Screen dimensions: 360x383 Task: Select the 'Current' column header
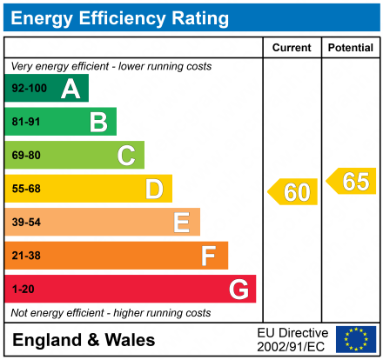coord(292,48)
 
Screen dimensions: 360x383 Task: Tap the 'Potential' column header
coord(350,48)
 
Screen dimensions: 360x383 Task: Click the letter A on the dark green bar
coord(71,89)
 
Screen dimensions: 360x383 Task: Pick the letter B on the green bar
coord(98,122)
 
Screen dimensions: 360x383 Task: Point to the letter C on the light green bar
coord(126,156)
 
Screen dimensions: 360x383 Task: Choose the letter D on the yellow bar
coord(154,189)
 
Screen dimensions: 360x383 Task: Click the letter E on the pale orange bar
coord(181,223)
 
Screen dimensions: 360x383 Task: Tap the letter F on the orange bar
coord(209,256)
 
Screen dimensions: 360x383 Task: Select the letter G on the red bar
coord(238,289)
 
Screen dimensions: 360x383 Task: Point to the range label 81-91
coord(25,122)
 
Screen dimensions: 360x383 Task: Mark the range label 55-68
coord(25,189)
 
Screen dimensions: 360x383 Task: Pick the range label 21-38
coord(25,256)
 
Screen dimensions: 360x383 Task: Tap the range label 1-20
coord(22,289)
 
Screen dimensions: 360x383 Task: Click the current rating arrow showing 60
coord(293,191)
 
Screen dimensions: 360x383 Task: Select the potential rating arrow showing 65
coord(352,181)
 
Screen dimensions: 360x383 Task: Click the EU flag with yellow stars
coord(355,339)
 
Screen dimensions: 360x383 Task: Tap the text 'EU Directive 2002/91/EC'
coord(292,339)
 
